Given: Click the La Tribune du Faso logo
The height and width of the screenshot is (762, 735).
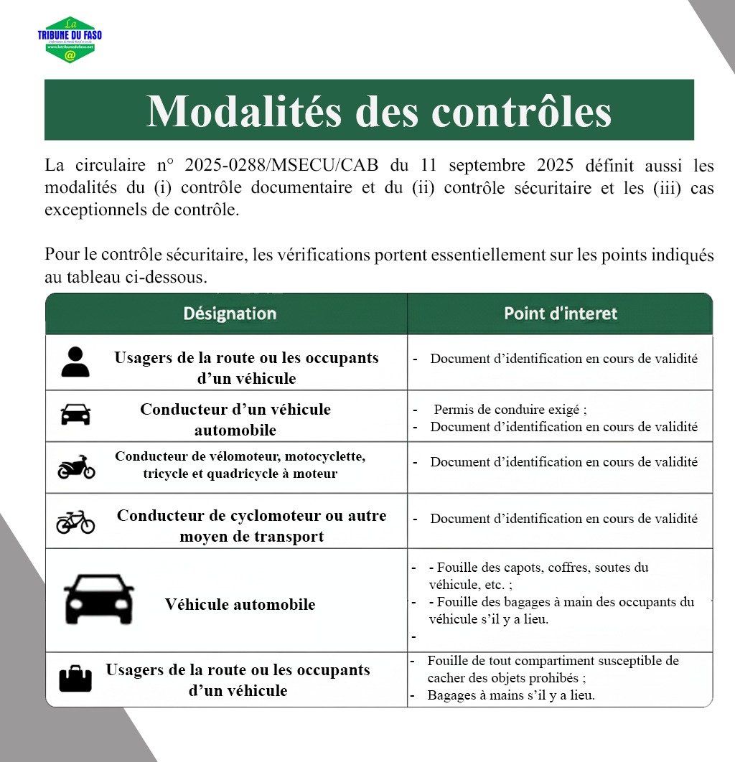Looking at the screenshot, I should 70,40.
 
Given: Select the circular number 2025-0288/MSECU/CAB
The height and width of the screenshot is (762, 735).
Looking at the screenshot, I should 282,166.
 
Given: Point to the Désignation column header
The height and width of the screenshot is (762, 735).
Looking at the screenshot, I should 230,314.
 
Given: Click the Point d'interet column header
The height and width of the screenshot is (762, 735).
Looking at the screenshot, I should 560,314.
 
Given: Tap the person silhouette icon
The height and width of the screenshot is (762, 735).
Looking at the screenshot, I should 75,362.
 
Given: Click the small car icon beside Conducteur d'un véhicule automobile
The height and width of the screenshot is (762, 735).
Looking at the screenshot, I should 75,415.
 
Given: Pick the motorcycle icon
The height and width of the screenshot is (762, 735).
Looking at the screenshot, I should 76,467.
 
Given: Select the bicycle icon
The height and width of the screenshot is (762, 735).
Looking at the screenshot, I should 75,522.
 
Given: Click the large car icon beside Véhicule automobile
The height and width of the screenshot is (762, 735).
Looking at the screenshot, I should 99,598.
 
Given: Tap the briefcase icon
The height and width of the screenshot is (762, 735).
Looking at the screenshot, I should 75,678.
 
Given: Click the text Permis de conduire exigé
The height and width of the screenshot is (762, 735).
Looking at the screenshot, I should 510,410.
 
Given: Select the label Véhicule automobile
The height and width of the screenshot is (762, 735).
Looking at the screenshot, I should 240,604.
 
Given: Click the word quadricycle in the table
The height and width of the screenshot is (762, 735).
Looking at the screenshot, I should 261,474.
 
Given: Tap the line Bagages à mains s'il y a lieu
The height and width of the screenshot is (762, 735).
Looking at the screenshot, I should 511,695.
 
